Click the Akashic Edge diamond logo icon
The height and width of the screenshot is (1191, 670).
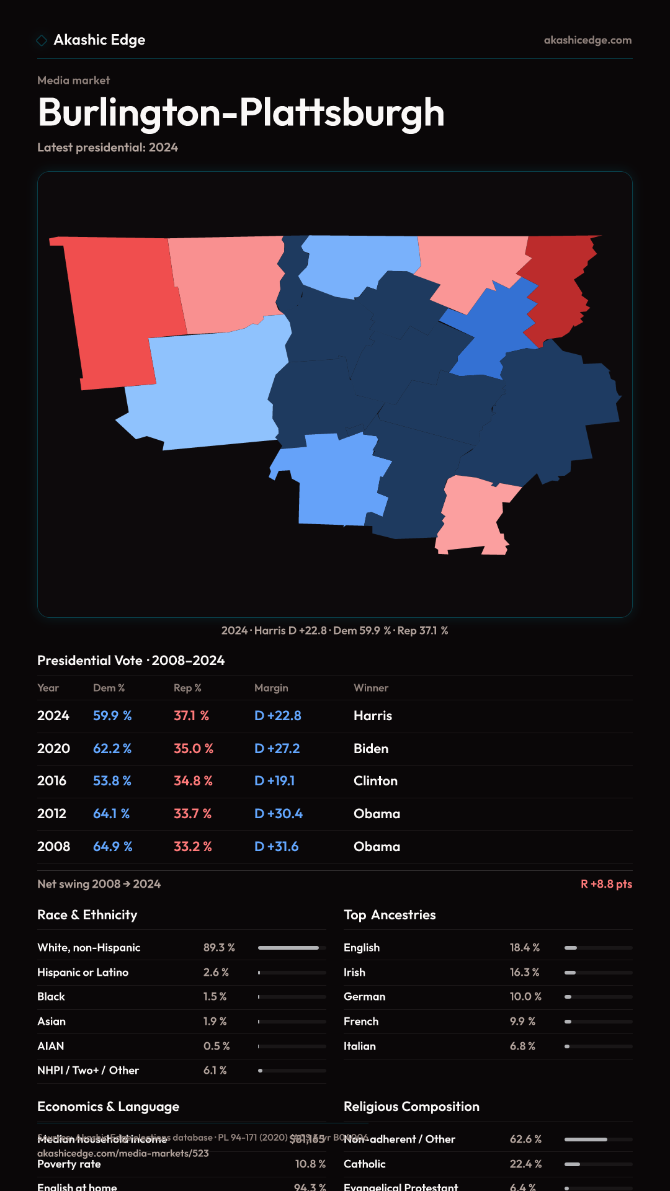pos(42,40)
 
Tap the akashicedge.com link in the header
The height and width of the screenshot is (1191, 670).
pos(587,40)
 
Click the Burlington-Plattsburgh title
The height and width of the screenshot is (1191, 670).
pos(241,113)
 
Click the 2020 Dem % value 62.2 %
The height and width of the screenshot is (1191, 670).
pos(112,749)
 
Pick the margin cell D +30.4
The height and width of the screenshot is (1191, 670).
pos(279,814)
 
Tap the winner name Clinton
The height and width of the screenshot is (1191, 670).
pos(375,781)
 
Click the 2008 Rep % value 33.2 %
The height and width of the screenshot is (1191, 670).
pos(193,847)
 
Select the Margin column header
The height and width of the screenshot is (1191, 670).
pos(271,688)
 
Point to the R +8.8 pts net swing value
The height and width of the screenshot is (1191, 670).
pos(606,884)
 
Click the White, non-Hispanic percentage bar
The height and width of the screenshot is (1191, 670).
pos(292,948)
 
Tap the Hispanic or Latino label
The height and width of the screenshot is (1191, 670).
pos(83,973)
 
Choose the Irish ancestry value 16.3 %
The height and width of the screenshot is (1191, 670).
pos(525,973)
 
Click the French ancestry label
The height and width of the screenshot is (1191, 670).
pos(361,1022)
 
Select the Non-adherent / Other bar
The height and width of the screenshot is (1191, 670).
pos(598,1140)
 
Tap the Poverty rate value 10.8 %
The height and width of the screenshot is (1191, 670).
pos(310,1164)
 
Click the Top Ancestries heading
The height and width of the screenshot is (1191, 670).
pos(390,915)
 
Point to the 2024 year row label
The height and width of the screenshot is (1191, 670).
pos(53,716)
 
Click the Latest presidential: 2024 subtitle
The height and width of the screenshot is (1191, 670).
pos(107,148)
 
